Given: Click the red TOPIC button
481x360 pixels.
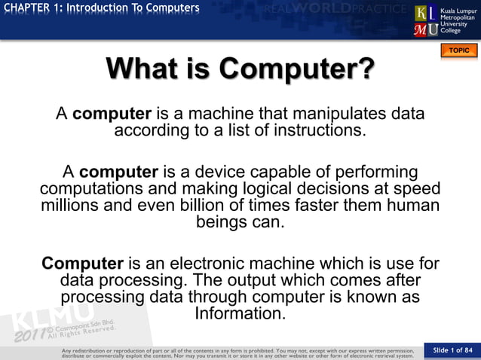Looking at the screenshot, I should click(x=458, y=50).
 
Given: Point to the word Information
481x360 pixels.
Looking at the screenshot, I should click(x=240, y=313).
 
